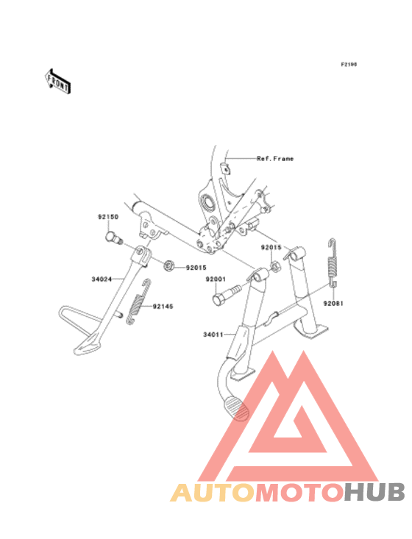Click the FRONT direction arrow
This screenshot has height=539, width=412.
[x=58, y=81]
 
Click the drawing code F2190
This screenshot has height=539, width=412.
[x=349, y=64]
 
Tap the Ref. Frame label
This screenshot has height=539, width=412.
[x=275, y=159]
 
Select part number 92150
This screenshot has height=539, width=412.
[x=108, y=217]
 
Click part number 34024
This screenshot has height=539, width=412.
[x=102, y=279]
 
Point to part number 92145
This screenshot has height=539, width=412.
[x=163, y=307]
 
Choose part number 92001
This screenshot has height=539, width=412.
[x=216, y=279]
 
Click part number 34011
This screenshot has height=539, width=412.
[x=213, y=335]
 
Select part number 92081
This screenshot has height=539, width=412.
[x=333, y=304]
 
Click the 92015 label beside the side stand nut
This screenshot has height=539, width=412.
[x=196, y=268]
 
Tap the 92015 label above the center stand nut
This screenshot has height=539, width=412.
[x=271, y=248]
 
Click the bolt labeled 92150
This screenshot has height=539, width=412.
[x=113, y=238]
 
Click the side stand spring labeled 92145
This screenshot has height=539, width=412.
[x=138, y=302]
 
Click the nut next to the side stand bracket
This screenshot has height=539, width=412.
[x=168, y=265]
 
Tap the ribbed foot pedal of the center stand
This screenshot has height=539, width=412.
[x=236, y=408]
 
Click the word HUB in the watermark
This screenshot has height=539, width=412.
[x=375, y=492]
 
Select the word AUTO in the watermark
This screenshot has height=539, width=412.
[x=213, y=492]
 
